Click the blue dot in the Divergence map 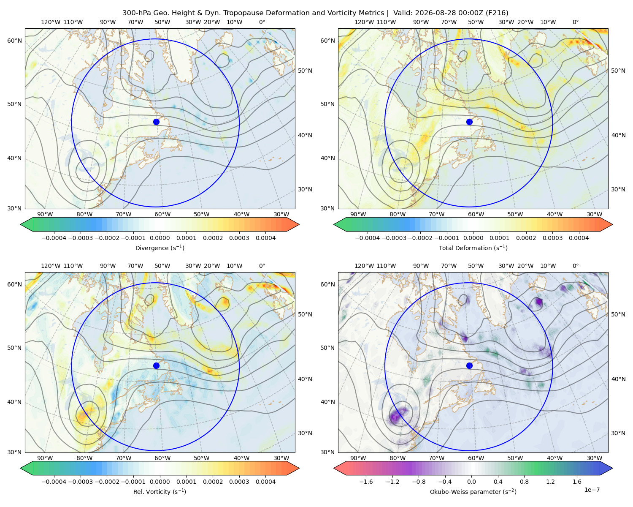click(x=156, y=122)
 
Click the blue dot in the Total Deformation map click(x=469, y=122)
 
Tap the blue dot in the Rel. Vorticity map click(x=156, y=365)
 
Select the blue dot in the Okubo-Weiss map click(x=469, y=365)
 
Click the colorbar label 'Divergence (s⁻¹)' click(x=160, y=248)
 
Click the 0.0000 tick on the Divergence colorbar click(x=160, y=238)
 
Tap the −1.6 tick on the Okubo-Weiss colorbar click(x=366, y=482)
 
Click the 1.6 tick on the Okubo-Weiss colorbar click(x=577, y=482)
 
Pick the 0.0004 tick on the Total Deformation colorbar click(x=579, y=238)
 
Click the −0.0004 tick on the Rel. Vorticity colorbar click(x=54, y=482)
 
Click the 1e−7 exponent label click(x=592, y=490)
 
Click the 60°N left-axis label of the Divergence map click(x=14, y=41)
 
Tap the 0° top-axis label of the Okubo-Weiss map click(x=575, y=266)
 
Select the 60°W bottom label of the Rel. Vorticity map click(x=162, y=458)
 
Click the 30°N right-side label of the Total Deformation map click(x=618, y=189)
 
